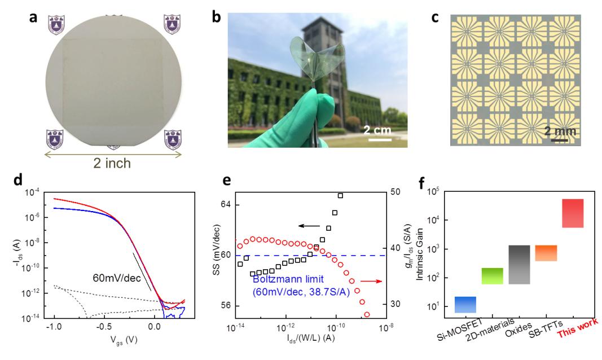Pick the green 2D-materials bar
[492, 276]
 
